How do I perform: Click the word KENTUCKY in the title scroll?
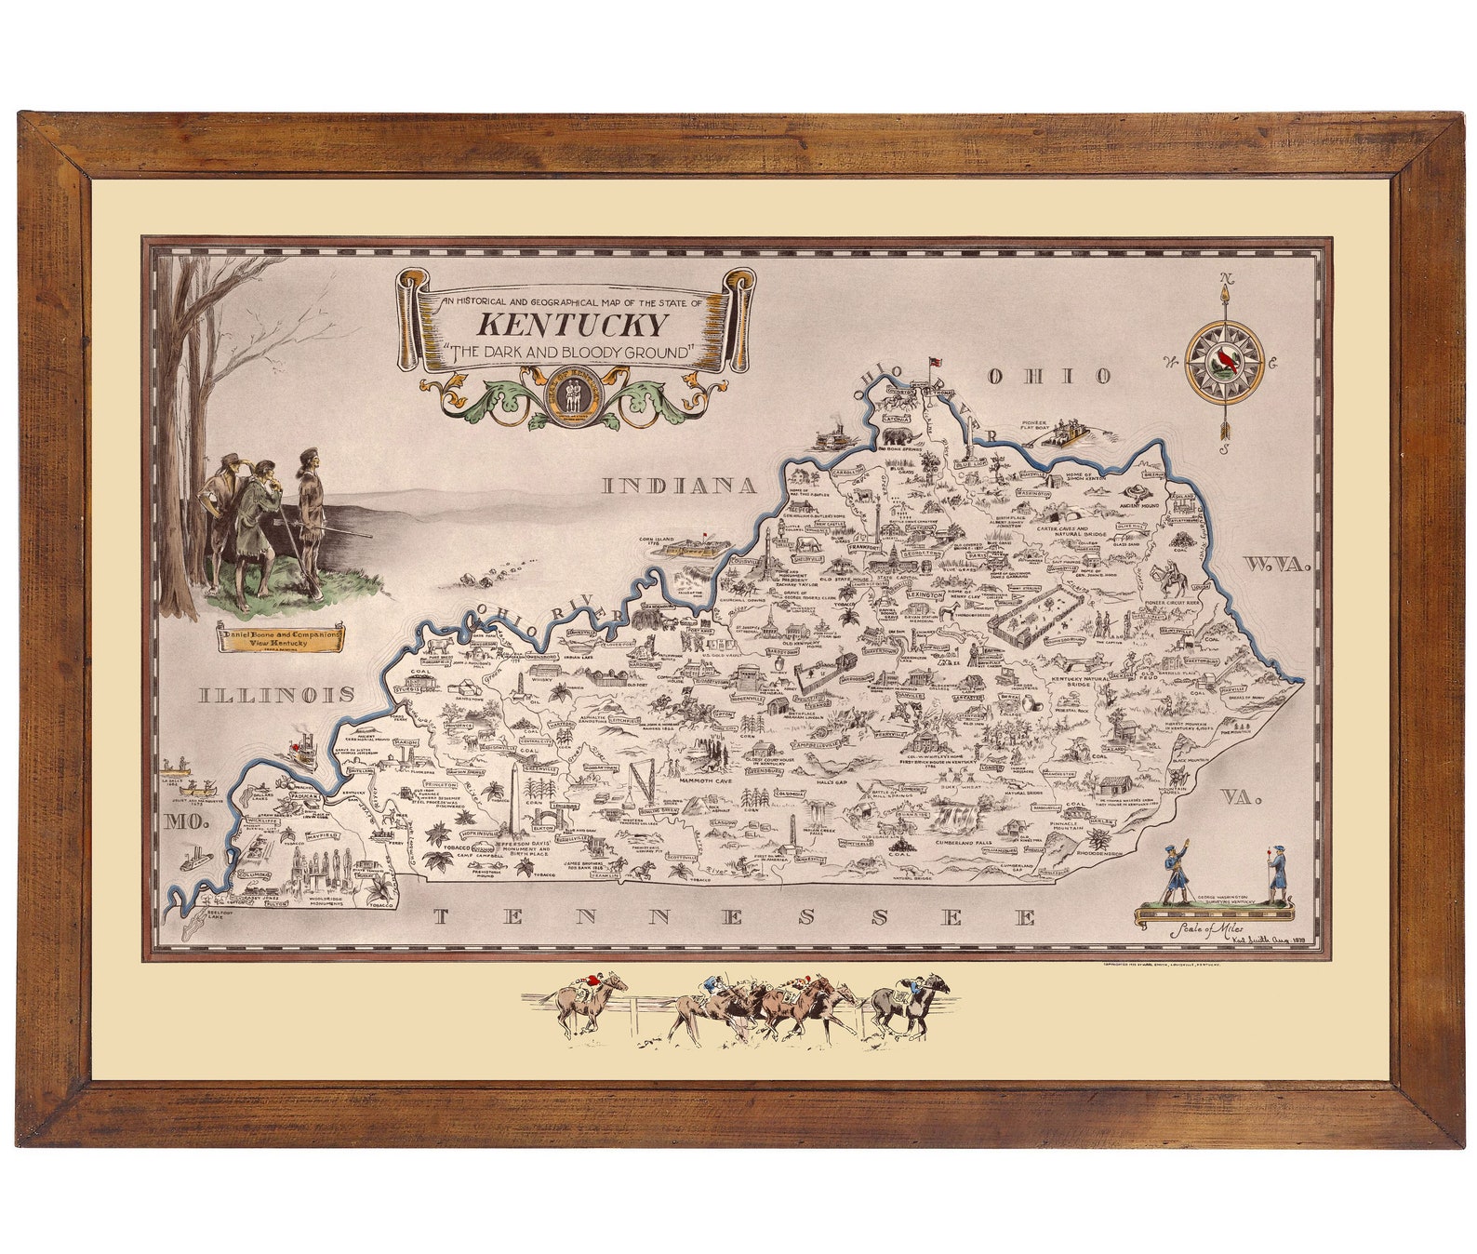pyautogui.click(x=572, y=325)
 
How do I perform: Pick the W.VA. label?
pyautogui.click(x=1276, y=565)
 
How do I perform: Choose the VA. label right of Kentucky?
pyautogui.click(x=1242, y=797)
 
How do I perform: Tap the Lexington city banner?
pyautogui.click(x=925, y=594)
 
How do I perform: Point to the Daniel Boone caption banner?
pyautogui.click(x=280, y=638)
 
